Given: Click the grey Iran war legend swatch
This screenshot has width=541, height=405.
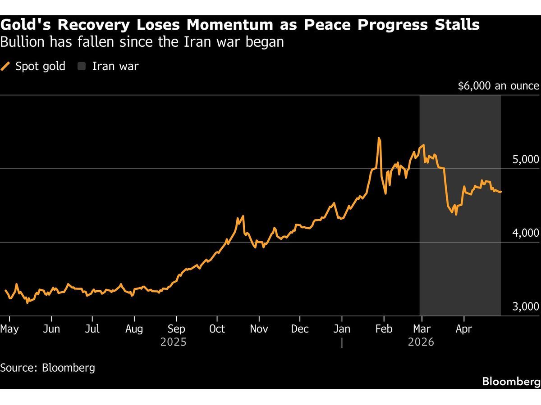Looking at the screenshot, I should click(82, 67).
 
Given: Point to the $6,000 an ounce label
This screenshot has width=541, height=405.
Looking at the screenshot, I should click(498, 86).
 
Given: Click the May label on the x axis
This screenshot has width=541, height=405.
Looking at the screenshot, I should click(9, 329).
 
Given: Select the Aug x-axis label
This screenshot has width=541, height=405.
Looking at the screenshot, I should click(134, 329).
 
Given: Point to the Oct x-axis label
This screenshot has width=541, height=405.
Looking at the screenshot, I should click(217, 329).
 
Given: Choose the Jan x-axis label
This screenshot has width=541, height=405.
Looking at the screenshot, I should click(342, 329).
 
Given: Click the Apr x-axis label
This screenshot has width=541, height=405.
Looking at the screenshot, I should click(463, 329).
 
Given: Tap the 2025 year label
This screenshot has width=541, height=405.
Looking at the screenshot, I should click(174, 342).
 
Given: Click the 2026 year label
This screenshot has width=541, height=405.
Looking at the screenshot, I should click(421, 342).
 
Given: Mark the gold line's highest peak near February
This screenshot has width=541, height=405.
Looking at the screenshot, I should click(379, 138).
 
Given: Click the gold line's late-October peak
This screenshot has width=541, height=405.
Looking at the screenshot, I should click(243, 216).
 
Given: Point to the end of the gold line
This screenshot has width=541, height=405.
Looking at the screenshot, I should click(501, 192).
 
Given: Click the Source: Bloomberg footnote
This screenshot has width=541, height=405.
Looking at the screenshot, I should click(48, 368).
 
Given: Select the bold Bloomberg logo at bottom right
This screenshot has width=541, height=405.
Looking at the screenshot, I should click(511, 382).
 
